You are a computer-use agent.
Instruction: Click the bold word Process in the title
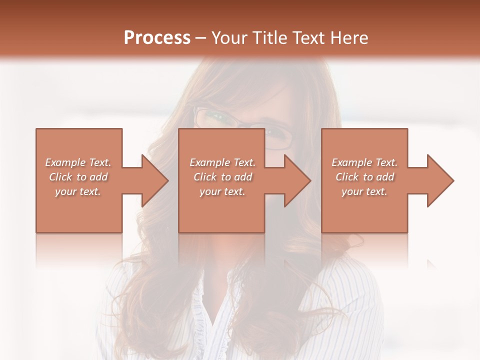pyautogui.click(x=157, y=38)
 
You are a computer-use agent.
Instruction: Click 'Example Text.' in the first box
pyautogui.click(x=78, y=162)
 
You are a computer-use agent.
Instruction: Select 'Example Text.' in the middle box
pyautogui.click(x=222, y=162)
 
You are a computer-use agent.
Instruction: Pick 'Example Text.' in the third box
pyautogui.click(x=364, y=162)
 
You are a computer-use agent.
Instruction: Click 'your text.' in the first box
pyautogui.click(x=78, y=191)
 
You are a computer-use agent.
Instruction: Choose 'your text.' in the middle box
pyautogui.click(x=222, y=191)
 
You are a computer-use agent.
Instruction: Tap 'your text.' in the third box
pyautogui.click(x=364, y=191)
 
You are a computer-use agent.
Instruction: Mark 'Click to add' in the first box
pyautogui.click(x=78, y=177)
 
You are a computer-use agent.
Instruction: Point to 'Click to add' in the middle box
pyautogui.click(x=222, y=177)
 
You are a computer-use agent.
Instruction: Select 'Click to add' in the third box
pyautogui.click(x=364, y=177)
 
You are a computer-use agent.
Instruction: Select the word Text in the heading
pyautogui.click(x=310, y=38)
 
